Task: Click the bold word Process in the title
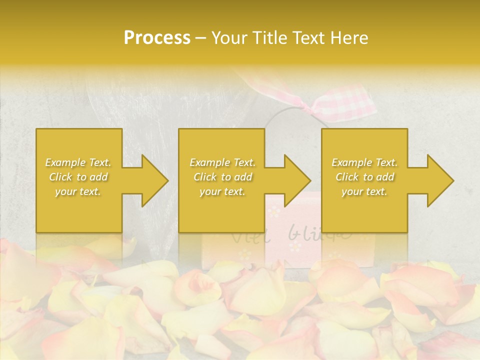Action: point(157,38)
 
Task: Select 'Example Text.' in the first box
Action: point(78,162)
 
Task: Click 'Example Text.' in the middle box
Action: point(222,162)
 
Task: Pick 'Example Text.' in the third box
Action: point(364,162)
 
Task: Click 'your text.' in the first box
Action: point(78,191)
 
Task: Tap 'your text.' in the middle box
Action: point(222,191)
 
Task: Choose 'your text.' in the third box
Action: point(364,191)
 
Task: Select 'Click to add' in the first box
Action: point(78,177)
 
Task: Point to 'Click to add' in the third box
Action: point(364,177)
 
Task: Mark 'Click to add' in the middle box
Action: point(222,177)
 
